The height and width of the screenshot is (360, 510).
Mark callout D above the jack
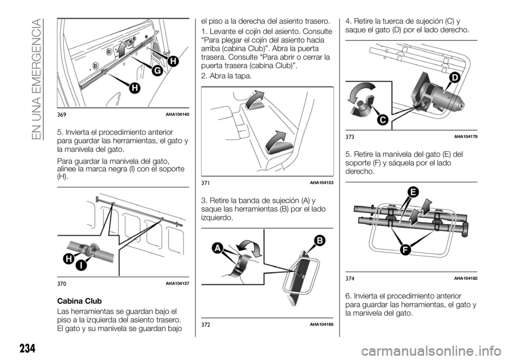pyautogui.click(x=455, y=79)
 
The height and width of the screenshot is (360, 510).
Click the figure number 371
pyautogui.click(x=205, y=183)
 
